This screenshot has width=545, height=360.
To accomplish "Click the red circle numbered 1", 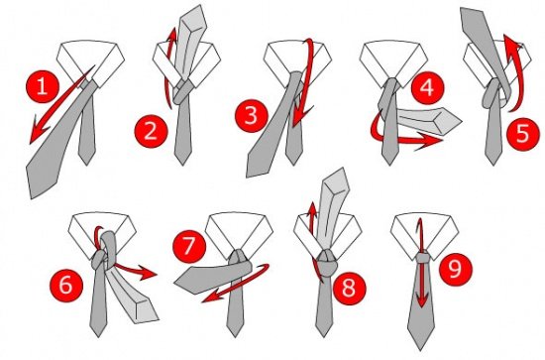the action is point(43,86).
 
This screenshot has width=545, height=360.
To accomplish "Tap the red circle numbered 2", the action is point(152,132).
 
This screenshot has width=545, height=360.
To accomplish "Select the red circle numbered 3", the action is point(252,115).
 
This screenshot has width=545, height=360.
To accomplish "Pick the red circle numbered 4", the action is point(427,87).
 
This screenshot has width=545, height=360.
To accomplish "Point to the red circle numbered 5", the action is point(523,134).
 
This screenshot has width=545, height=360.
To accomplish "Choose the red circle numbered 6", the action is point(66,285).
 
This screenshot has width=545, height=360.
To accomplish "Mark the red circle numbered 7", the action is point(190,247).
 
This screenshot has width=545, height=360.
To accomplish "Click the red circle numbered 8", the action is point(350,288).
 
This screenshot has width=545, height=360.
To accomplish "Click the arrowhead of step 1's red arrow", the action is point(38,132).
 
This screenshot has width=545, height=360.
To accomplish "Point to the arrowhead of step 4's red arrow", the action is point(429,142).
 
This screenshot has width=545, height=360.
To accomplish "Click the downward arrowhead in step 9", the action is point(421,300).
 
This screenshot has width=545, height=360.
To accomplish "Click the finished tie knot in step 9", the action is point(422,258).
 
